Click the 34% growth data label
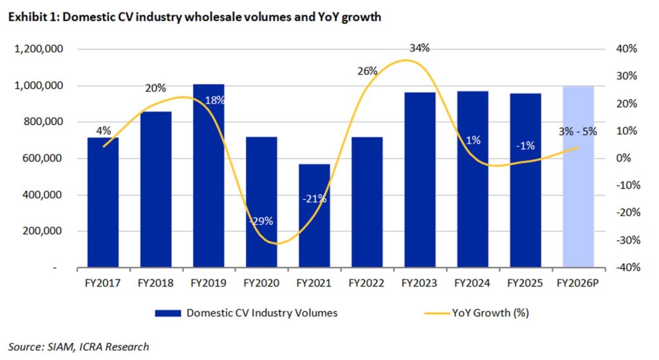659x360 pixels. coord(419,49)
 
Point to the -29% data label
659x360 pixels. coord(261,221)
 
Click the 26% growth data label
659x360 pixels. coord(367,71)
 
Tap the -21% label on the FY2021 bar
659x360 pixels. coord(314,199)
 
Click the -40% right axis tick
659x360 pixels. coord(629,268)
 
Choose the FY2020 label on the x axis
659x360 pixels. coord(261,283)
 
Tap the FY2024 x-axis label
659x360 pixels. coord(472,283)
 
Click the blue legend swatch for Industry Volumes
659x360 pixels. coord(168,313)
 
